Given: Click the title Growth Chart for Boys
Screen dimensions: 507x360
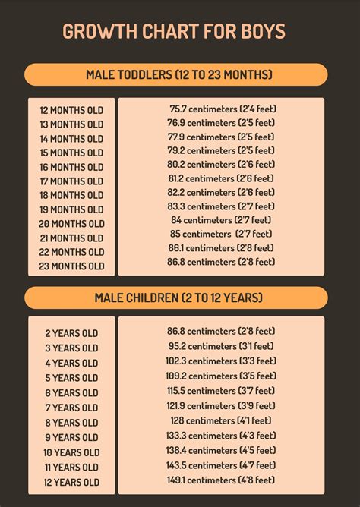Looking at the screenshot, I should coord(174,32).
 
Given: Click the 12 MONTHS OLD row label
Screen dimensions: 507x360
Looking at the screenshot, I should coord(71,110).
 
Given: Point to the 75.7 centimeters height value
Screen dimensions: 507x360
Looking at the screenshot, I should coord(222,109).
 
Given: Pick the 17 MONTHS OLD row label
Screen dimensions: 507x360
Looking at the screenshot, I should coord(71,181).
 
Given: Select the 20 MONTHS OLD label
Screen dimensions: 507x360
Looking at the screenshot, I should coord(71,224).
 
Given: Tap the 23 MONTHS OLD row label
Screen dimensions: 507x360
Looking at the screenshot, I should coord(71,266).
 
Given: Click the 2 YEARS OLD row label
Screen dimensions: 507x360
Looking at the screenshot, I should coord(71,333).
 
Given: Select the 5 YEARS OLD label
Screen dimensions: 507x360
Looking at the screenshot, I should coord(71,378).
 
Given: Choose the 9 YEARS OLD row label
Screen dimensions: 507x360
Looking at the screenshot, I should coord(71,437).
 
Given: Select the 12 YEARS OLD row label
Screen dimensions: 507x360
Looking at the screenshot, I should coord(71,482).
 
